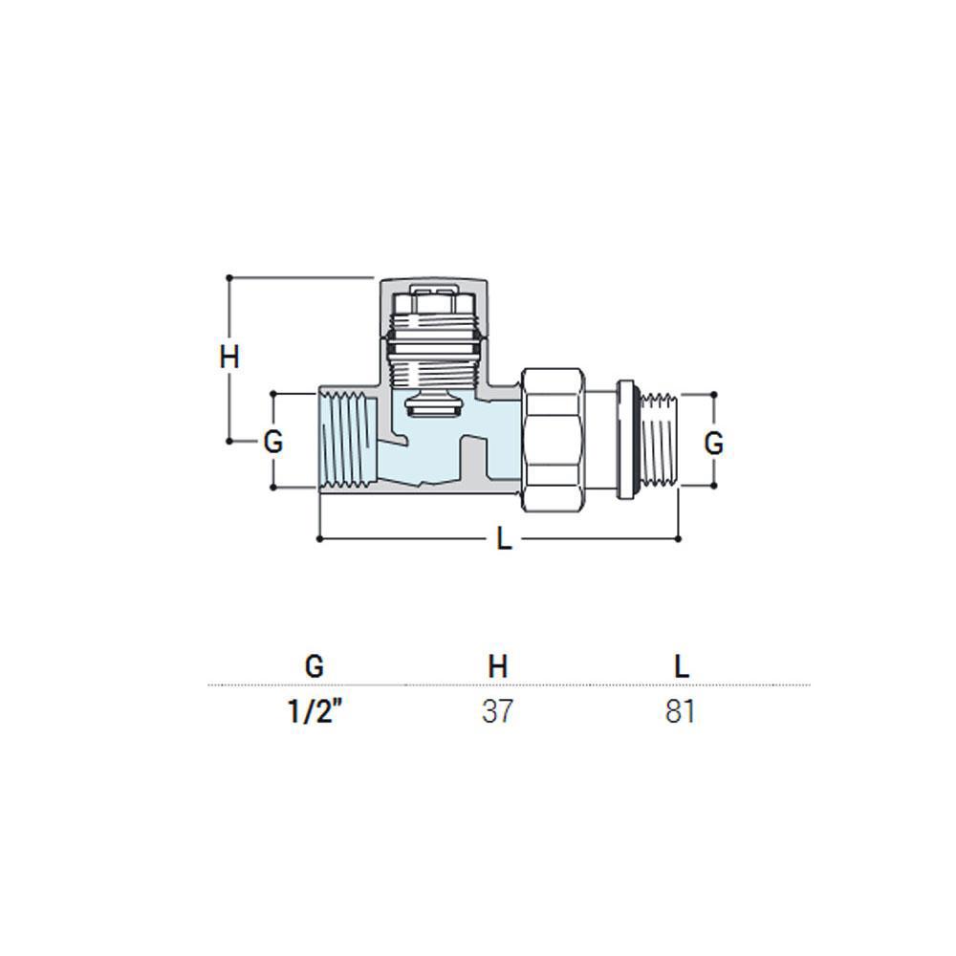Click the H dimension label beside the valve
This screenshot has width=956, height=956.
coord(229,358)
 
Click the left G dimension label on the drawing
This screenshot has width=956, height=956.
coord(273,442)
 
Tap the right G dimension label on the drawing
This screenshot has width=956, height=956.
coord(713,444)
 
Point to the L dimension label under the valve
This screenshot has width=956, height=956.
coord(504,539)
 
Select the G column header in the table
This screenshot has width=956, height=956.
coord(314,666)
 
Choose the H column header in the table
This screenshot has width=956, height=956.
coord(497,666)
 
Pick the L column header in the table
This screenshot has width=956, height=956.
coord(681,666)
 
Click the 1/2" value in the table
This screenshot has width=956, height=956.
coord(313,711)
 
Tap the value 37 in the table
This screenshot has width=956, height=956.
coord(497,711)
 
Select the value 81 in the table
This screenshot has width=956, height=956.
coord(680,711)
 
